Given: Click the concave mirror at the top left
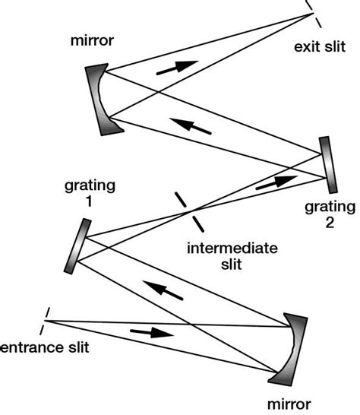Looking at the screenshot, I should [x=104, y=97].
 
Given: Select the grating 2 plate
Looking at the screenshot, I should [x=328, y=163].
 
